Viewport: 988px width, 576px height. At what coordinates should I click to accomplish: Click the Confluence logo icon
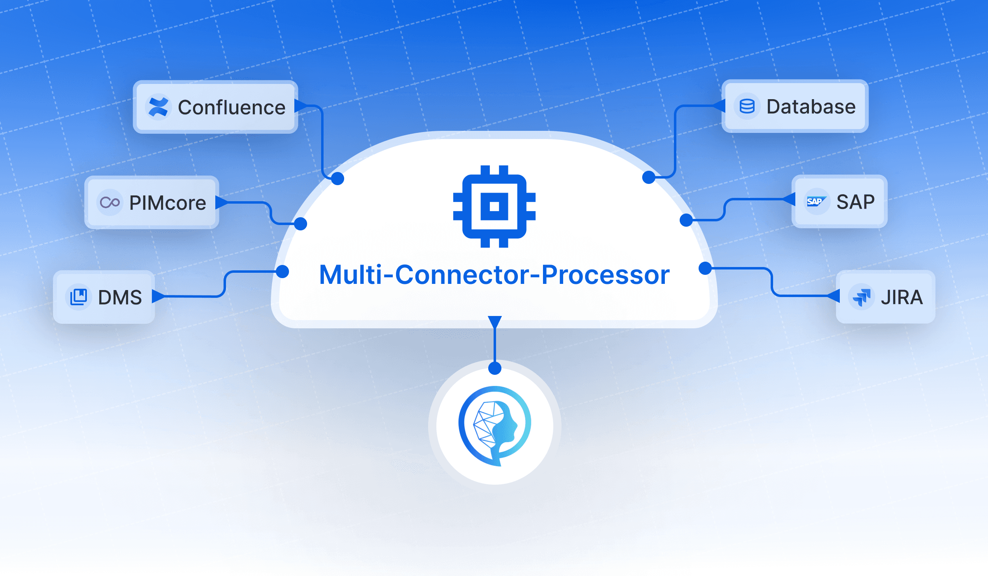point(158,107)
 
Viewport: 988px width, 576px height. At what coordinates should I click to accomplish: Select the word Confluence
point(231,108)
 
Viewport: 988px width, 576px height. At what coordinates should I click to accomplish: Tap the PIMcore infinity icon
point(110,202)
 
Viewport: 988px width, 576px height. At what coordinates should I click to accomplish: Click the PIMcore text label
point(168,203)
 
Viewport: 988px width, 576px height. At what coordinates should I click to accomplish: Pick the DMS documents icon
point(78,297)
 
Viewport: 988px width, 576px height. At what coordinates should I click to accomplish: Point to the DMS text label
point(120,297)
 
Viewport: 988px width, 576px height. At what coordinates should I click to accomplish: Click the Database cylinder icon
point(747,106)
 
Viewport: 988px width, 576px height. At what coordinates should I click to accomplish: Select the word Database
point(811,107)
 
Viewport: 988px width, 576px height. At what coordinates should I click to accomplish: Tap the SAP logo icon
point(816,201)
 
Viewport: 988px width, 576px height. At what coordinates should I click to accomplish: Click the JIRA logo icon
point(862,297)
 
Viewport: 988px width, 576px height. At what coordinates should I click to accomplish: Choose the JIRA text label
point(902,297)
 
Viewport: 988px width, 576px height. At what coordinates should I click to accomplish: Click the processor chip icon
point(494,206)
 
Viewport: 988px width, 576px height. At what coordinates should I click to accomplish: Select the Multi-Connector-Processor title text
point(494,275)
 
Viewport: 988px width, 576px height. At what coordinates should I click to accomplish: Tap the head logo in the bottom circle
point(495,425)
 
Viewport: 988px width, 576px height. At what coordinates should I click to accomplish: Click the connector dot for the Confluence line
point(338,179)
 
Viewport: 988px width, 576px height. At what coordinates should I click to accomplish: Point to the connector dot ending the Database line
point(649,177)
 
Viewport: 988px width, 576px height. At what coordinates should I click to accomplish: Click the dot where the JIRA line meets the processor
point(705,268)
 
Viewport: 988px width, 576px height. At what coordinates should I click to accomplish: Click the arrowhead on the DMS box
point(158,296)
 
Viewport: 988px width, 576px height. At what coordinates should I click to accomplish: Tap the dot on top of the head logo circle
point(495,368)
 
